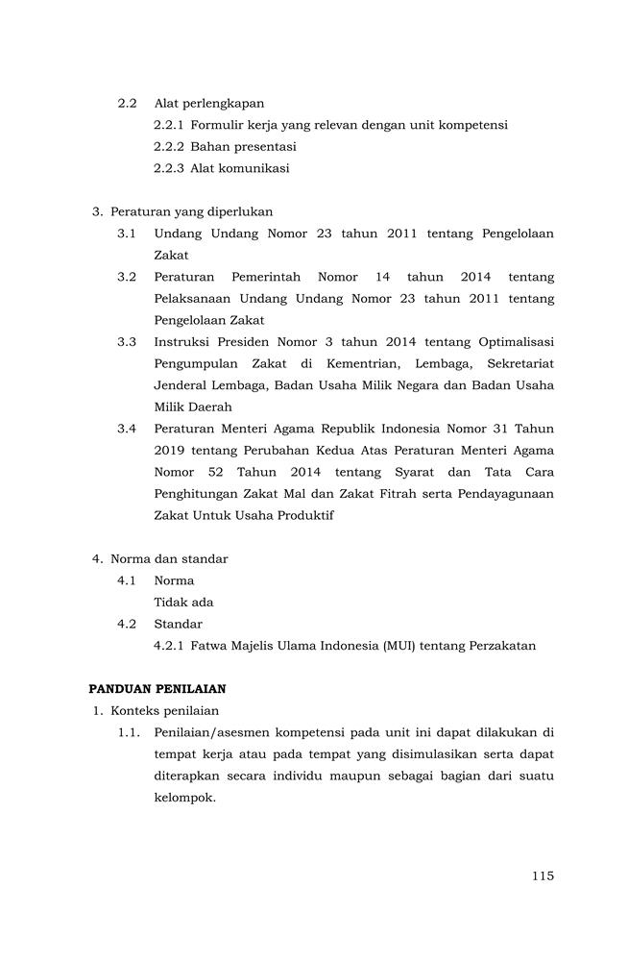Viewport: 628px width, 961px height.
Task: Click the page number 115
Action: tap(542, 875)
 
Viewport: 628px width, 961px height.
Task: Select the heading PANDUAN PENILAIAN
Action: tap(157, 689)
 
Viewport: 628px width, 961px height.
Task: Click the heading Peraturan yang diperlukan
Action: tap(191, 211)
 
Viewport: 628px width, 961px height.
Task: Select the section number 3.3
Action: tap(127, 342)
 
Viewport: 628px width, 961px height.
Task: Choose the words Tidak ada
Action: tap(183, 603)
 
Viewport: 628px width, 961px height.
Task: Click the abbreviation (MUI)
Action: tap(399, 646)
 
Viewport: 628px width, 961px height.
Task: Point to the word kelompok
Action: tap(183, 798)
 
